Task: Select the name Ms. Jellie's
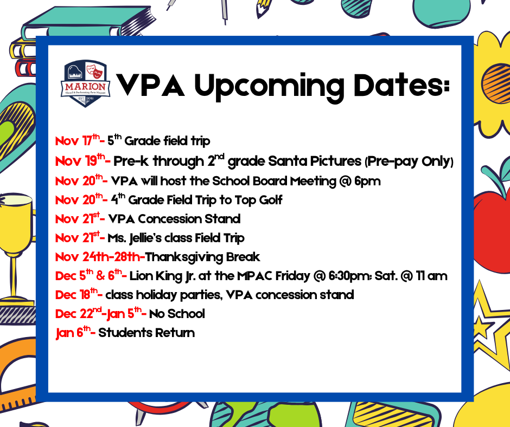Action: [133, 238]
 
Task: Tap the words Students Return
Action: [146, 333]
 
